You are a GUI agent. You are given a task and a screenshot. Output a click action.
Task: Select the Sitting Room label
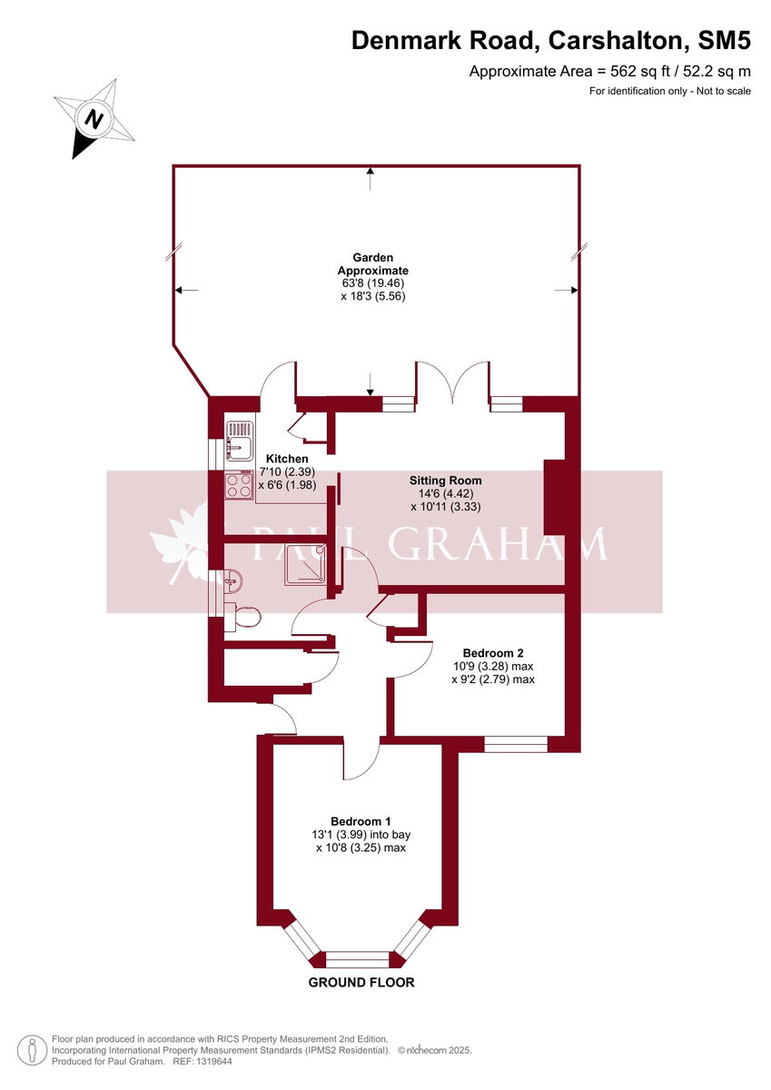(445, 481)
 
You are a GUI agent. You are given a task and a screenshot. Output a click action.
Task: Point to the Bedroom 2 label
(492, 652)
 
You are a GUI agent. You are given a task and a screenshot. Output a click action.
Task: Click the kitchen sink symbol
(241, 442)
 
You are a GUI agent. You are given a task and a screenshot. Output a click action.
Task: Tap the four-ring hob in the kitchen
(239, 486)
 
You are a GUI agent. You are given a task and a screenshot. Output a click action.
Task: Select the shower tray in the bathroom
(309, 563)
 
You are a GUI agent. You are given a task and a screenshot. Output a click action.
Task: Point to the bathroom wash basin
(231, 579)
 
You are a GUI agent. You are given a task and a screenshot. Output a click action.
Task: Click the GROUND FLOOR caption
(361, 983)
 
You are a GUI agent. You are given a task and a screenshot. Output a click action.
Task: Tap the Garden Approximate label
(372, 264)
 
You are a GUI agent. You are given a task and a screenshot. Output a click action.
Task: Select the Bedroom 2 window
(516, 744)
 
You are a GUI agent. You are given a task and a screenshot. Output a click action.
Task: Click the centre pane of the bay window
(359, 959)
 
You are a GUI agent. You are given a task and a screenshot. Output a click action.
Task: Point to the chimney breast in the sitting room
(553, 497)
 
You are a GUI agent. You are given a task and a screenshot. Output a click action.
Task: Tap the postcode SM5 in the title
(724, 41)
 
